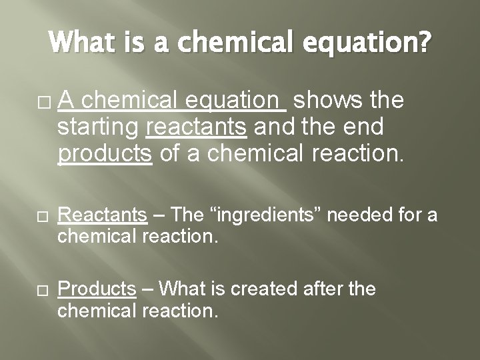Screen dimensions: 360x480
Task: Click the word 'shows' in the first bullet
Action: click(327, 100)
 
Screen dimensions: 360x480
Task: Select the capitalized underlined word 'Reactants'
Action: click(102, 215)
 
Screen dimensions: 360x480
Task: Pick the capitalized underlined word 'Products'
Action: click(97, 289)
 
